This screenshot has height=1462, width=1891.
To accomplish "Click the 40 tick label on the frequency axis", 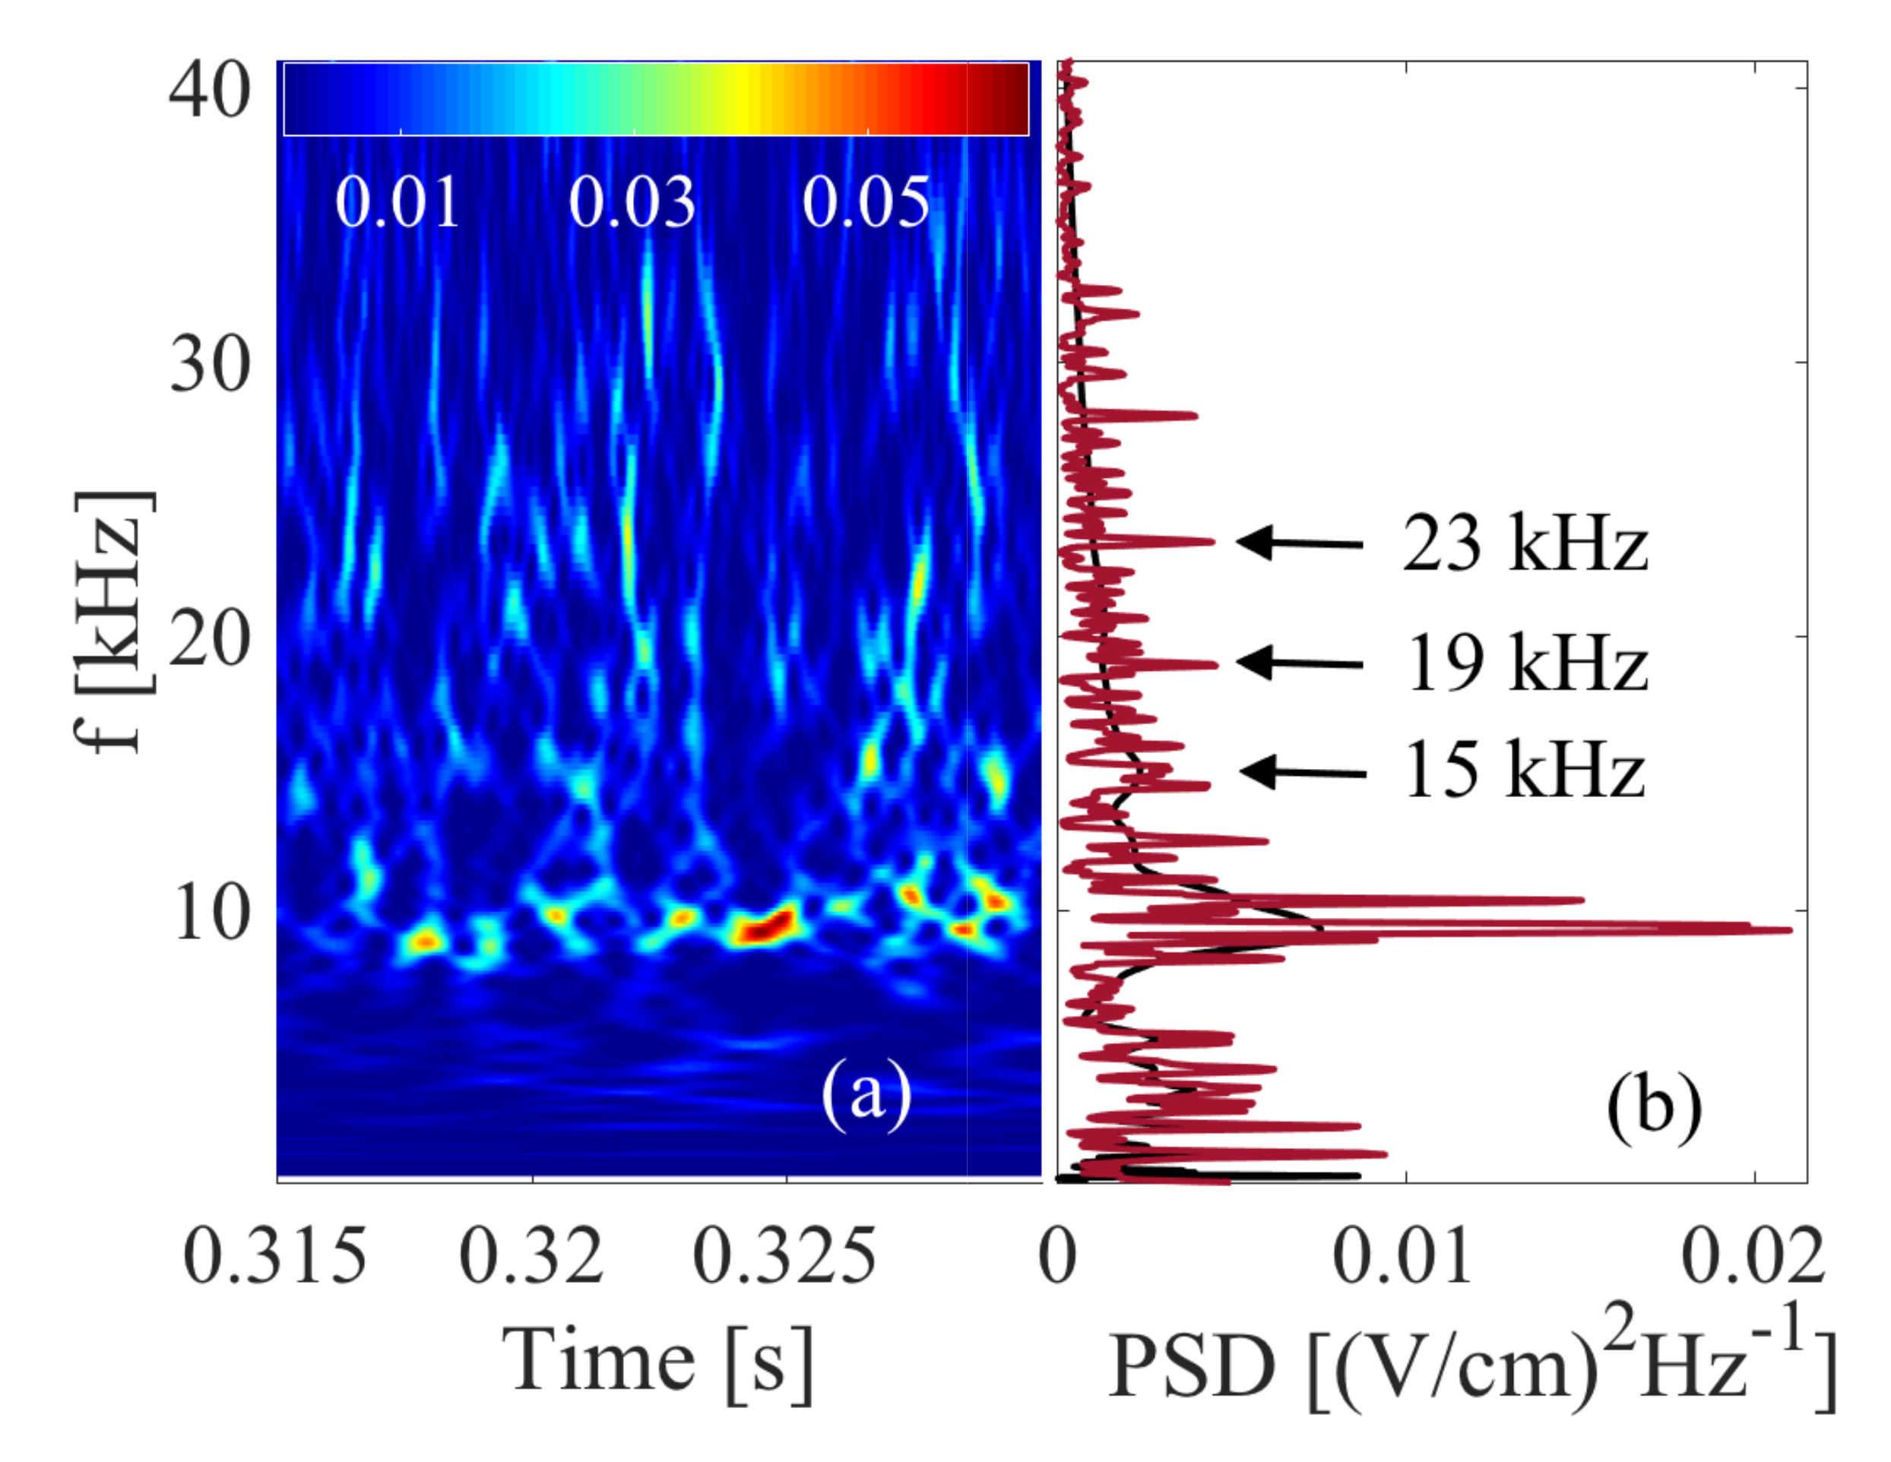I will [210, 93].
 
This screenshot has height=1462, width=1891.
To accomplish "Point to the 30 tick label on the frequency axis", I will [210, 365].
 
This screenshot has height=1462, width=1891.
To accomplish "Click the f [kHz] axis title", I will [112, 623].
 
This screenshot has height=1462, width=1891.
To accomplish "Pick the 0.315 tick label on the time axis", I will [275, 1257].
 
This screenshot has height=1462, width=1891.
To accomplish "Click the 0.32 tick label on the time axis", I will [531, 1257].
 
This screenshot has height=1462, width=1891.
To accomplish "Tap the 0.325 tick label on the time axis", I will [784, 1257].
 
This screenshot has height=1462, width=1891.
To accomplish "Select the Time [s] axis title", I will [658, 1362].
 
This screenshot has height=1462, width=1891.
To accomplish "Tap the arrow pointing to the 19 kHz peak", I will [1299, 663].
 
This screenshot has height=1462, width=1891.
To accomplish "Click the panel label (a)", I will [866, 1095].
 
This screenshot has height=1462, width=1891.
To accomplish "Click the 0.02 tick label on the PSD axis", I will [1753, 1257].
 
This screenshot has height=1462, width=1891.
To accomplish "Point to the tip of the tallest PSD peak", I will [1789, 931].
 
